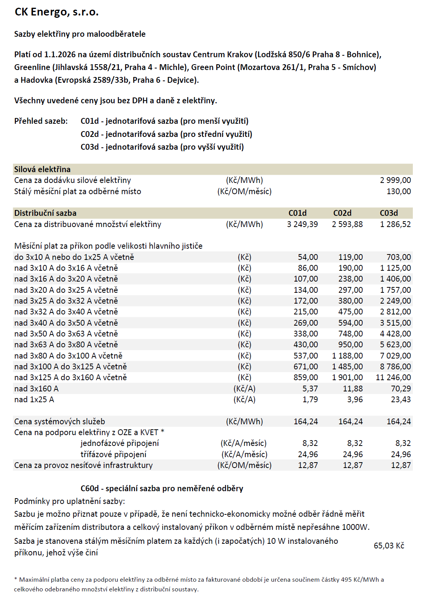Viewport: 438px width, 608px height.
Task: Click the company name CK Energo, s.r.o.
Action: click(x=56, y=12)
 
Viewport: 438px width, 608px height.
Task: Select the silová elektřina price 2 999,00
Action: click(x=395, y=180)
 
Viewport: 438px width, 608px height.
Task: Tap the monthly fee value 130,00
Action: click(x=399, y=191)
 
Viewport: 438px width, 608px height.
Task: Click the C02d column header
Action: click(x=342, y=213)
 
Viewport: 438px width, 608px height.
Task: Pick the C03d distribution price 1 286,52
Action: click(x=395, y=224)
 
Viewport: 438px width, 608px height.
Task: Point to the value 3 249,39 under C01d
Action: click(x=302, y=224)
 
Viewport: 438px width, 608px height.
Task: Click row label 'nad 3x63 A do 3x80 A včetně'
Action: click(x=66, y=345)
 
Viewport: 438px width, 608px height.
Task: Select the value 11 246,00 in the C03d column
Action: click(x=393, y=377)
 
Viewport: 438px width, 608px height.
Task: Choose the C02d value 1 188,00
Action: click(x=347, y=356)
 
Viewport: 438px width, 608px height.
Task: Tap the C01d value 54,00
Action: click(x=308, y=257)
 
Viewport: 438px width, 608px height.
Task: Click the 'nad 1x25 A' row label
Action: click(x=34, y=400)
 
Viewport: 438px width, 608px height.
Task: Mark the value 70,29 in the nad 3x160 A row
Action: click(x=400, y=389)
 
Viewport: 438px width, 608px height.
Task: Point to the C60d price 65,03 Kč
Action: click(x=389, y=546)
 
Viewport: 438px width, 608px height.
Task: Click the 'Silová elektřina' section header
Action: click(x=42, y=169)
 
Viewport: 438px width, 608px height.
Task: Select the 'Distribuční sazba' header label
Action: click(x=45, y=213)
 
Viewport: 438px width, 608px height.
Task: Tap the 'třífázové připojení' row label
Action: click(x=113, y=454)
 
